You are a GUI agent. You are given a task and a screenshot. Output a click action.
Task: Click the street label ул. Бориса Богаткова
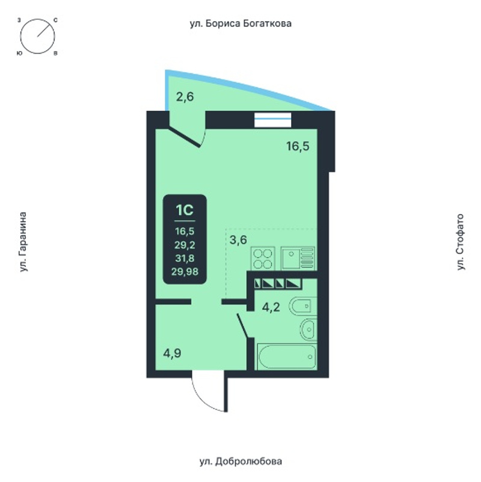tap(240, 23)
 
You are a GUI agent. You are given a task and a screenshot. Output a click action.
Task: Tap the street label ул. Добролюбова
tap(240, 461)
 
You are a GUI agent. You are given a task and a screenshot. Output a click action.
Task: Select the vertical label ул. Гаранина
tap(23, 242)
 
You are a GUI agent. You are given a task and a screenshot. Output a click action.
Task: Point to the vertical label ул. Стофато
tap(460, 242)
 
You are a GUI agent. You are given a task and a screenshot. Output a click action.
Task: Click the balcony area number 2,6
tap(185, 97)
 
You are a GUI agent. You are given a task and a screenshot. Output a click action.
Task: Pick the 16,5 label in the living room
tap(298, 146)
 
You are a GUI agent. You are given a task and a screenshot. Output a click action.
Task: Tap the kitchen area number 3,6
tap(238, 239)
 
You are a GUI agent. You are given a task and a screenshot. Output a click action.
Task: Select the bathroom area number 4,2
tap(271, 307)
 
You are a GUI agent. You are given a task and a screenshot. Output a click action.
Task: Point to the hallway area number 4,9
tap(172, 353)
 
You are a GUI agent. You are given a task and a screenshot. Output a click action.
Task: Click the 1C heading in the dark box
tap(185, 210)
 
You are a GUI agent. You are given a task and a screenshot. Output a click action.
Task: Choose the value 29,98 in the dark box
tap(185, 271)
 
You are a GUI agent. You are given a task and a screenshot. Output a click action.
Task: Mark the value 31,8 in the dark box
tap(185, 258)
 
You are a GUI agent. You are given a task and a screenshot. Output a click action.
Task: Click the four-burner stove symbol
tap(263, 259)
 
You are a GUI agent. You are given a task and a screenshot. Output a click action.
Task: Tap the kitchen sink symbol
tap(298, 259)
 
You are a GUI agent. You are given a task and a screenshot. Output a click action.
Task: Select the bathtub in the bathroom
tap(287, 357)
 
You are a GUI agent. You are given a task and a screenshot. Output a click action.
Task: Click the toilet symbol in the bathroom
tap(303, 306)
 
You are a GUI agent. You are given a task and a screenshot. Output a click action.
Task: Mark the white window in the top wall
tap(273, 120)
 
